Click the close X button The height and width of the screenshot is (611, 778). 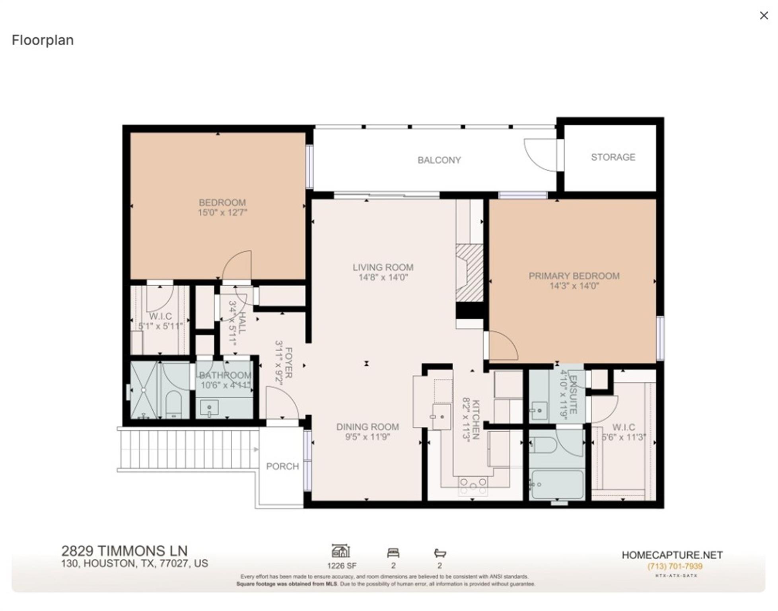763,16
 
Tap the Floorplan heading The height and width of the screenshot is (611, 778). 43,40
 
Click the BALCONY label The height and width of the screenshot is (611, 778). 439,160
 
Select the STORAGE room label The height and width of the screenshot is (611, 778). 613,157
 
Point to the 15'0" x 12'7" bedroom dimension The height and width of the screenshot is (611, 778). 222,212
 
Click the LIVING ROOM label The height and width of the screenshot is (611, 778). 383,267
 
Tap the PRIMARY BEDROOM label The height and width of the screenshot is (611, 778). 574,276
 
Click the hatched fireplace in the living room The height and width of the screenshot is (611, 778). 469,273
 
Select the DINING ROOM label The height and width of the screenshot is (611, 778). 367,427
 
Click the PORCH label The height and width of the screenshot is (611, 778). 282,466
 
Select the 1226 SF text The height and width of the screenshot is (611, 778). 342,566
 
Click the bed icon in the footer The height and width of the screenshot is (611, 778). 393,553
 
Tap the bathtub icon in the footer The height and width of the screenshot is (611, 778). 440,553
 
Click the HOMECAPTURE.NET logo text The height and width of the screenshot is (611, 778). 672,555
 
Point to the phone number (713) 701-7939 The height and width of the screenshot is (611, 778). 675,566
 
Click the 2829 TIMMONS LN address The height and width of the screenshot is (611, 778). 124,551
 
